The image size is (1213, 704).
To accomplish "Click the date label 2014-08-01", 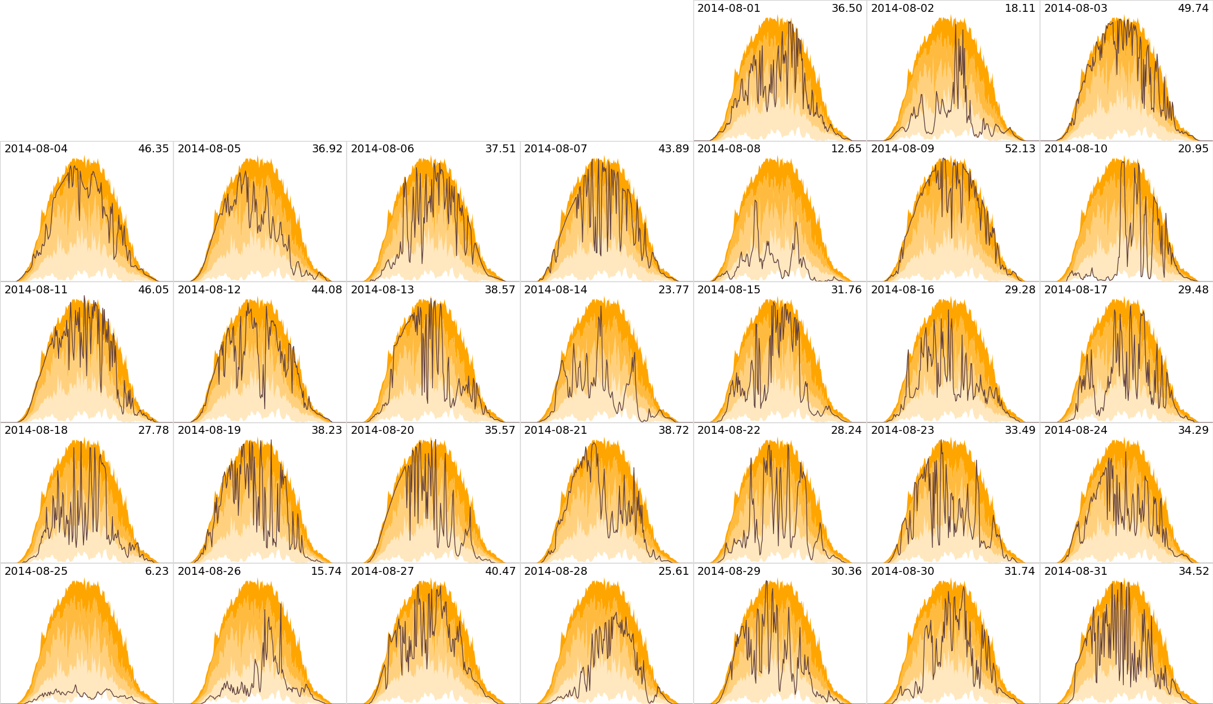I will pyautogui.click(x=729, y=8).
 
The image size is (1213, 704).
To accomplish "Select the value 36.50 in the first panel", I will pyautogui.click(x=847, y=8).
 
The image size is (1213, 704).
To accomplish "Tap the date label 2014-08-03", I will pyautogui.click(x=1076, y=8).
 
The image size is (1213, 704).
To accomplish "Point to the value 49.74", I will pyautogui.click(x=1193, y=8).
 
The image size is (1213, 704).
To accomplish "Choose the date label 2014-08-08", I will pyautogui.click(x=729, y=149).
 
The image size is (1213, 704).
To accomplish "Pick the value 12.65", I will pyautogui.click(x=847, y=149).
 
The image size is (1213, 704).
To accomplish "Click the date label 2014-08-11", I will pyautogui.click(x=36, y=290).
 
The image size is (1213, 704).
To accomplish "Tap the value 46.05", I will pyautogui.click(x=153, y=290).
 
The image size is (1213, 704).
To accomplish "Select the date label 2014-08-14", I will pyautogui.click(x=556, y=290).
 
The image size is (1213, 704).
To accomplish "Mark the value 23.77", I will pyautogui.click(x=674, y=290).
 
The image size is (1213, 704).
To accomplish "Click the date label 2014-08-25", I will pyautogui.click(x=36, y=571).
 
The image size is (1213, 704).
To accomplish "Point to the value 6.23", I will pyautogui.click(x=157, y=571).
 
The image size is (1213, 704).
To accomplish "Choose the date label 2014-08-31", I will pyautogui.click(x=1076, y=571).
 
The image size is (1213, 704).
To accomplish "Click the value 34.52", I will pyautogui.click(x=1193, y=571).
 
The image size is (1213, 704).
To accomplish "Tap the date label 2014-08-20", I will pyautogui.click(x=383, y=430).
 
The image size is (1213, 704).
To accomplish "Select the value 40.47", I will pyautogui.click(x=500, y=571).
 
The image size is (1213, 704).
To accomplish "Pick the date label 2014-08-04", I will pyautogui.click(x=36, y=149).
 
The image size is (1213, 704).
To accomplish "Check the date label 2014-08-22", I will pyautogui.click(x=729, y=430).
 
